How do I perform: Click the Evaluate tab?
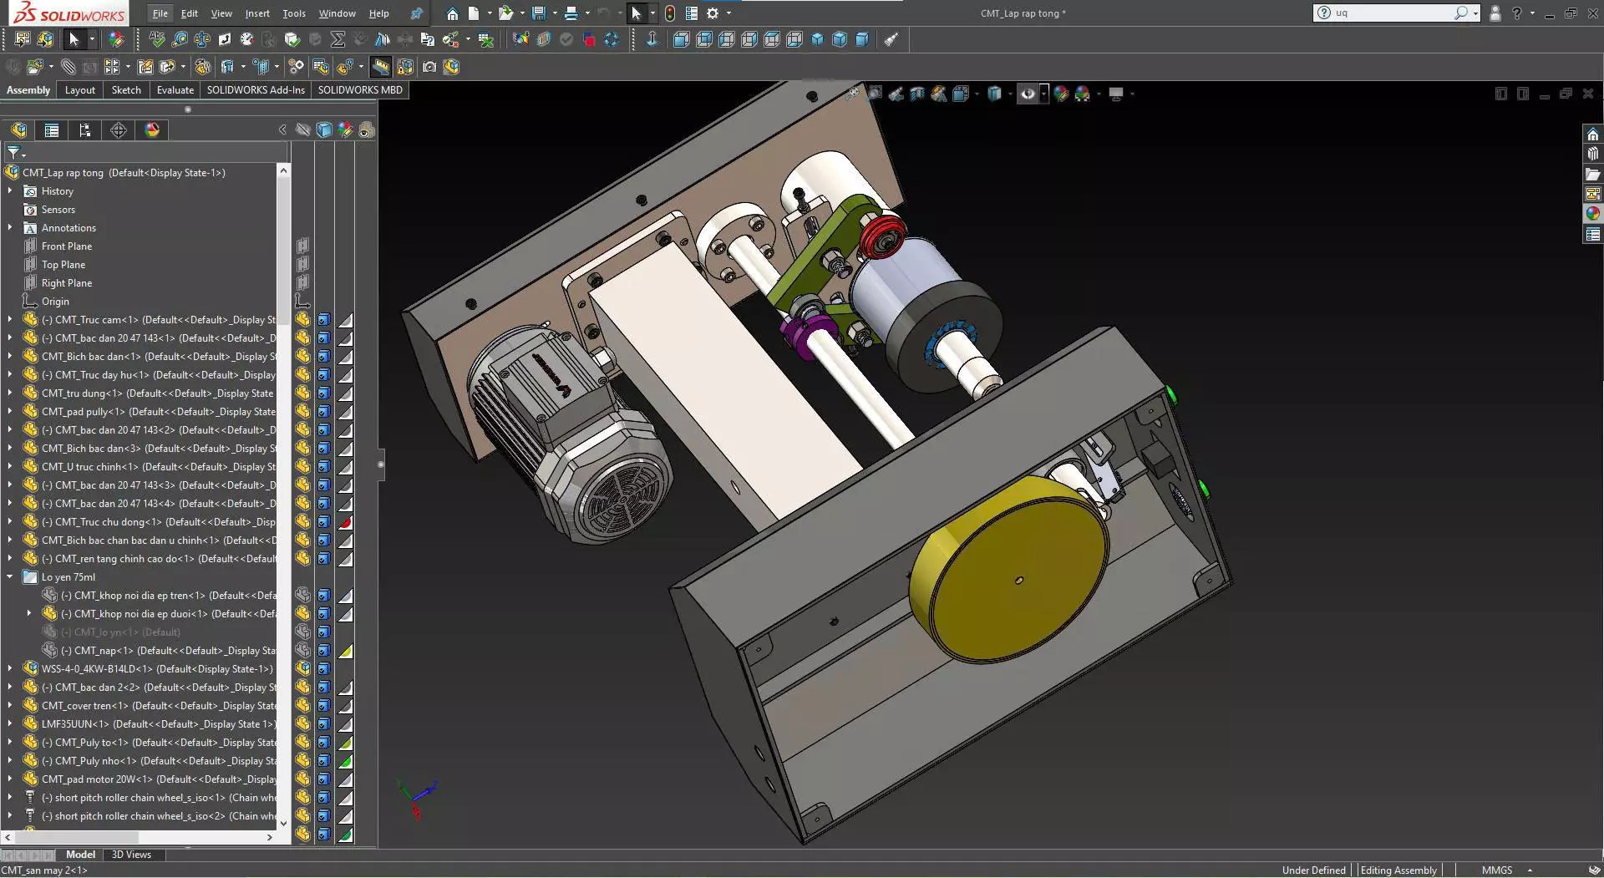[x=175, y=90]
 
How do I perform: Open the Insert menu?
[x=257, y=13]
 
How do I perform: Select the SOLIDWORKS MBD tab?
[x=359, y=90]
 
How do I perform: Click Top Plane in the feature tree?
[x=63, y=265]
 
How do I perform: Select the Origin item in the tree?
[x=55, y=302]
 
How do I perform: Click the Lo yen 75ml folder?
[x=68, y=577]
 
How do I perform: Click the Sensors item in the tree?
[x=58, y=210]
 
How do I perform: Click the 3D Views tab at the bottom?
[x=131, y=855]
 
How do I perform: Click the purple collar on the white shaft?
[x=798, y=334]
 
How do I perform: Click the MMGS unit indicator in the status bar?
[x=1496, y=870]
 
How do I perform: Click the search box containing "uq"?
[x=1391, y=13]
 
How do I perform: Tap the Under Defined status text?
[x=1313, y=870]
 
